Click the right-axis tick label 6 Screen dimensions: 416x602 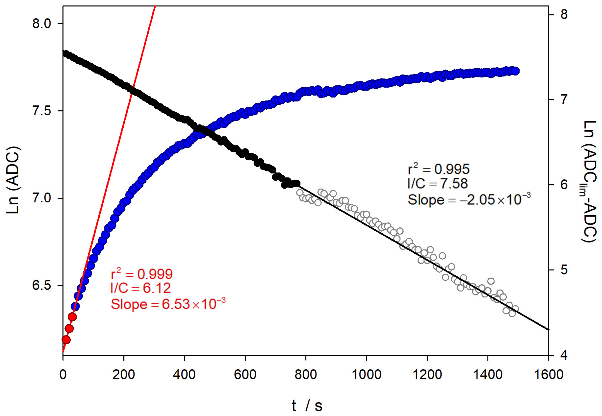tap(564, 185)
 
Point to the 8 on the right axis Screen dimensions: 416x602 tap(564, 14)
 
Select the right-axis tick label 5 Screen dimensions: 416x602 tap(564, 270)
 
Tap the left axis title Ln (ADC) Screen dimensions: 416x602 tap(13, 180)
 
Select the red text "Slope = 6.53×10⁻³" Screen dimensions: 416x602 tap(168, 304)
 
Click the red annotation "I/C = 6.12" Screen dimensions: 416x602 tap(141, 288)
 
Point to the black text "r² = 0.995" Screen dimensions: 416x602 tap(439, 169)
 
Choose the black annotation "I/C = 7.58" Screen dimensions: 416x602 tap(437, 184)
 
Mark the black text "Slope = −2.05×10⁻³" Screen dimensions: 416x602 tap(469, 200)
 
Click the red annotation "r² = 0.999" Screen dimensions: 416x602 tap(141, 274)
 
